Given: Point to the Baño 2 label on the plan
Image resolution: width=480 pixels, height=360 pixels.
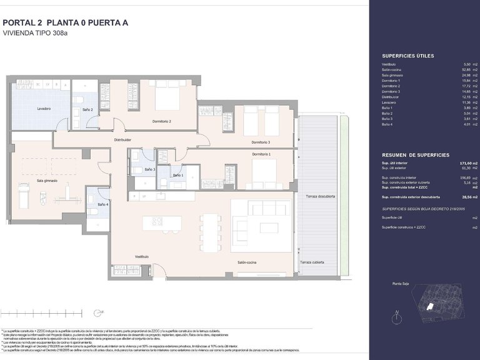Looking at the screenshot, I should coord(87,109).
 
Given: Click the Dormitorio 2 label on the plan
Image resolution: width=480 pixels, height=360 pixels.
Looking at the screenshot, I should coord(162,121).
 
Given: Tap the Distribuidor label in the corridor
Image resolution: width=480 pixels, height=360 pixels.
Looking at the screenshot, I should coord(122,139).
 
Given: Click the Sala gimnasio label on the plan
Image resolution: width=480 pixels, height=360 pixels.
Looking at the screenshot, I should coord(47,180).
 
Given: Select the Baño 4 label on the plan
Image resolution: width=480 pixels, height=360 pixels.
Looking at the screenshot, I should coord(102,204).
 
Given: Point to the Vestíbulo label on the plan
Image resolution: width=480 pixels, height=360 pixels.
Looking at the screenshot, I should coord(141,256).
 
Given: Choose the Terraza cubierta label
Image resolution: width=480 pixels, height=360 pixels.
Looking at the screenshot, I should coord(313,262).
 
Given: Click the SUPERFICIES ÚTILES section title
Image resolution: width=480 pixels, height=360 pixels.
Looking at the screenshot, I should coord(407,56).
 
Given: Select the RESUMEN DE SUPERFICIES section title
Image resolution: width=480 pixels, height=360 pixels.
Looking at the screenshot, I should coord(415,154).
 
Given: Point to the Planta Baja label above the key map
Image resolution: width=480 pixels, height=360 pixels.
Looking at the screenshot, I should coord(401,283).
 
